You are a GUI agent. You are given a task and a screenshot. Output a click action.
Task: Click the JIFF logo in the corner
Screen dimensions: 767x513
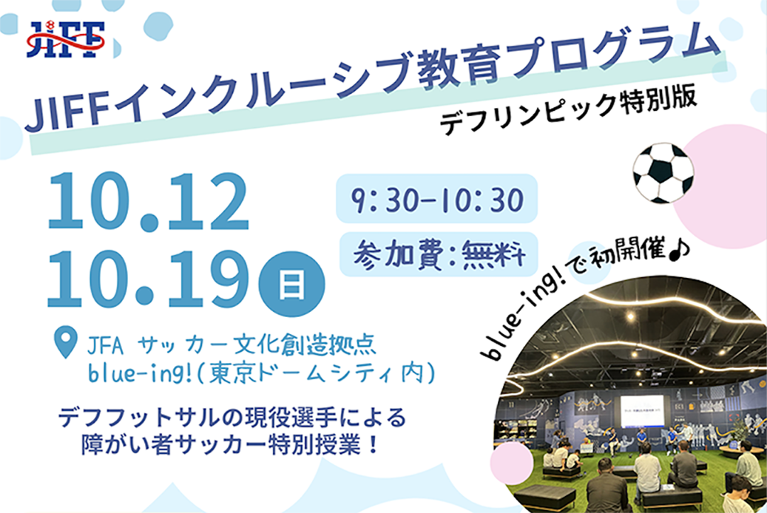pyautogui.click(x=66, y=39)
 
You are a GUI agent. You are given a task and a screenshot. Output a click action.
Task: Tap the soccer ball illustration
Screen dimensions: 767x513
pyautogui.click(x=663, y=173)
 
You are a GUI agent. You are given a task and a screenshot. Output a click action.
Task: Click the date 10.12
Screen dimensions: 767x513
pyautogui.click(x=148, y=201)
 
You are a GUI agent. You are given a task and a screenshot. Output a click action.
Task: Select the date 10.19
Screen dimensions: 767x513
pyautogui.click(x=148, y=279)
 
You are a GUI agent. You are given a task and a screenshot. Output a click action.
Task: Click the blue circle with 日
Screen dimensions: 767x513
pyautogui.click(x=292, y=284)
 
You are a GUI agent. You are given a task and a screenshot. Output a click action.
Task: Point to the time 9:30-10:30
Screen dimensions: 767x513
pyautogui.click(x=437, y=199)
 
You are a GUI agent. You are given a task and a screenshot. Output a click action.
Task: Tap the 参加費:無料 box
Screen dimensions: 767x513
pyautogui.click(x=439, y=254)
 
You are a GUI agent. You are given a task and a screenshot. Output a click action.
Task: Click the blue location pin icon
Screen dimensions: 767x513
pyautogui.click(x=65, y=342)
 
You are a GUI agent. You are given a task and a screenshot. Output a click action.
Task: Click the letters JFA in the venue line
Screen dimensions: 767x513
pyautogui.click(x=105, y=346)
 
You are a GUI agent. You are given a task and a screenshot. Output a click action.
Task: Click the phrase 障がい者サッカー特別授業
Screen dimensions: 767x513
pyautogui.click(x=221, y=445)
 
